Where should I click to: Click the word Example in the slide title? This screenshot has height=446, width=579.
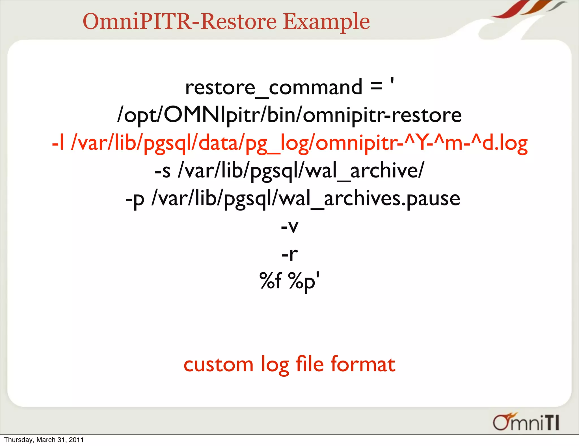tap(326, 22)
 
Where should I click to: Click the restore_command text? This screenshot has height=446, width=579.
tap(274, 88)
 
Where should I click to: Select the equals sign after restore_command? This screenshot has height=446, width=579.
tap(376, 86)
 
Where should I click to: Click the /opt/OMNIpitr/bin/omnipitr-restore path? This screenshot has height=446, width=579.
tap(289, 115)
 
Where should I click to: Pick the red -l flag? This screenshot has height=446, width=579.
tap(58, 143)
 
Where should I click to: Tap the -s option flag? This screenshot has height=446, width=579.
tap(163, 171)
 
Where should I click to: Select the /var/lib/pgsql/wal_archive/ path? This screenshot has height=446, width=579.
tap(301, 171)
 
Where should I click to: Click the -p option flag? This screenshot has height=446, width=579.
tap(135, 199)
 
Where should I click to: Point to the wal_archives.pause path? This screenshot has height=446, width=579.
tap(306, 199)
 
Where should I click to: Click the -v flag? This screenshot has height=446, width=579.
tap(289, 226)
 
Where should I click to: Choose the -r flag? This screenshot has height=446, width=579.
tap(289, 254)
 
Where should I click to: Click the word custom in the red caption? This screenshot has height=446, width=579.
tap(218, 364)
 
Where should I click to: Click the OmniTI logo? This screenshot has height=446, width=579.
tap(526, 423)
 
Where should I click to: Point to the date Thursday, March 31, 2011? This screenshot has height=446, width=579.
tap(44, 440)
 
